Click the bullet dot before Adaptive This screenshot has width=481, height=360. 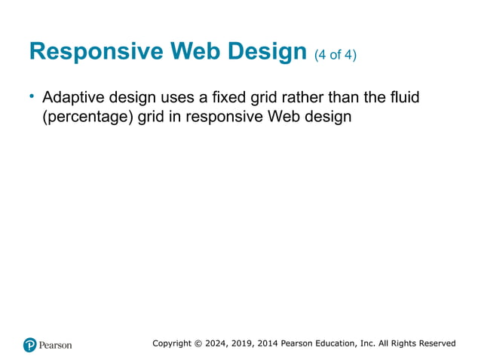pyautogui.click(x=32, y=96)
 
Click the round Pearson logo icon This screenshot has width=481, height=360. pyautogui.click(x=30, y=345)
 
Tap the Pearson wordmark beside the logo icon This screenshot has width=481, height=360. pyautogui.click(x=57, y=345)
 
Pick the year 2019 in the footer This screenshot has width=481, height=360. pyautogui.click(x=247, y=343)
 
